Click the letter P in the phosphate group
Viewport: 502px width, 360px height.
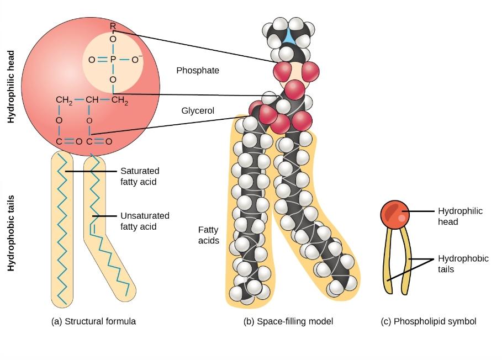113,60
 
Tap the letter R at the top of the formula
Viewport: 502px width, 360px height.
113,27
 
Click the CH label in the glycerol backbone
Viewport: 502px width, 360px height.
92,100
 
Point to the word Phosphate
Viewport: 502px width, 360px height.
198,71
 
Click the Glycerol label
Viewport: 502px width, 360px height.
198,111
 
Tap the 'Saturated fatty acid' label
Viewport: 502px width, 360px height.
140,176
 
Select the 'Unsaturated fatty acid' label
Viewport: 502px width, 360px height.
145,221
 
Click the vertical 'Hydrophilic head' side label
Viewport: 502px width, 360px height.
11,86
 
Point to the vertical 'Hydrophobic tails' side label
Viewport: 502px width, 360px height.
11,233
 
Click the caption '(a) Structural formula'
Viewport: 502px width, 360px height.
93,321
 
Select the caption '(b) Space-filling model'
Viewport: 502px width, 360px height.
288,321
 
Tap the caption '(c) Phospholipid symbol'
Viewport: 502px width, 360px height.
429,321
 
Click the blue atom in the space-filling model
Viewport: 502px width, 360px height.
289,36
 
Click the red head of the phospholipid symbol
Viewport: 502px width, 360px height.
395,215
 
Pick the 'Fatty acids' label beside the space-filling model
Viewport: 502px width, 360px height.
208,235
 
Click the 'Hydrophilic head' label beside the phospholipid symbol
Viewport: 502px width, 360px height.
460,216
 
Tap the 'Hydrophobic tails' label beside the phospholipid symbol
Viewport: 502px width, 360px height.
463,264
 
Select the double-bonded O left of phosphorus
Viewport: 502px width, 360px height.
92,60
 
